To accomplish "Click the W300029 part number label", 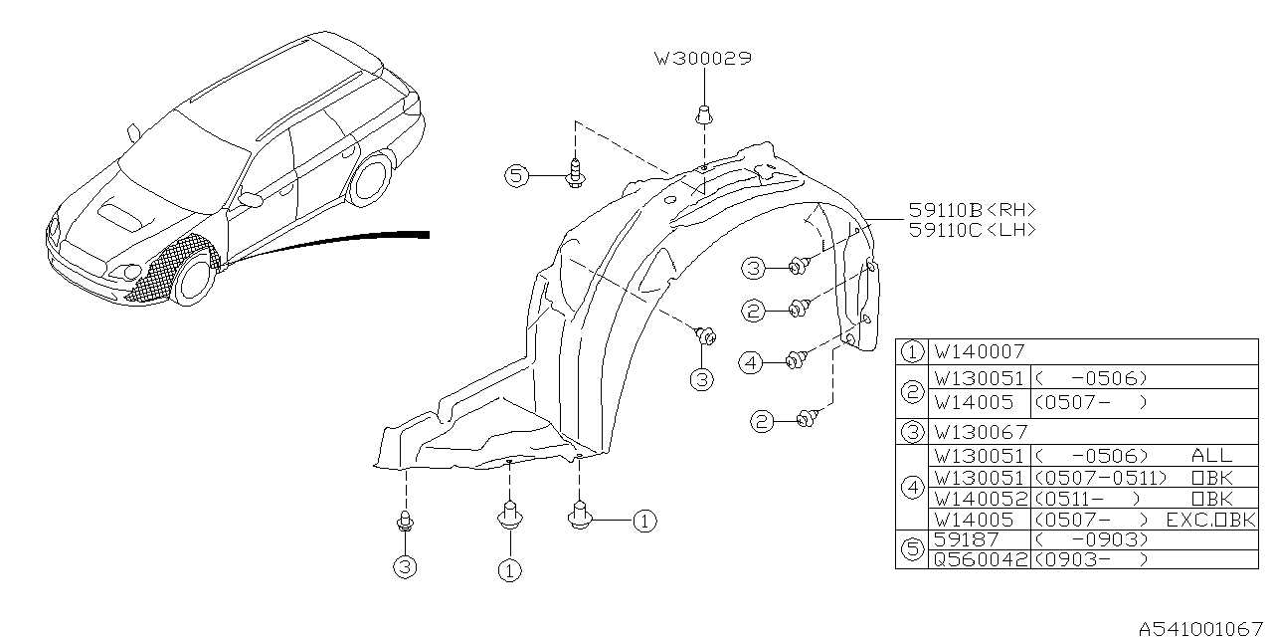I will [x=702, y=59].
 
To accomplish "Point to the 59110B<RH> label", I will [x=972, y=210].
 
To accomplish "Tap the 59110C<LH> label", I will [x=972, y=229].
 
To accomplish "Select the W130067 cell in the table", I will [x=979, y=432].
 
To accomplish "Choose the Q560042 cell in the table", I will [x=979, y=558].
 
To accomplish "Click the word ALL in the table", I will [x=1210, y=455].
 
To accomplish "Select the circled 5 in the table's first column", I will [x=911, y=548].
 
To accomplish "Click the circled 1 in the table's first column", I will [x=911, y=351].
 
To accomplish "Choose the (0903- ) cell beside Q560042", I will [x=1091, y=558].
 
